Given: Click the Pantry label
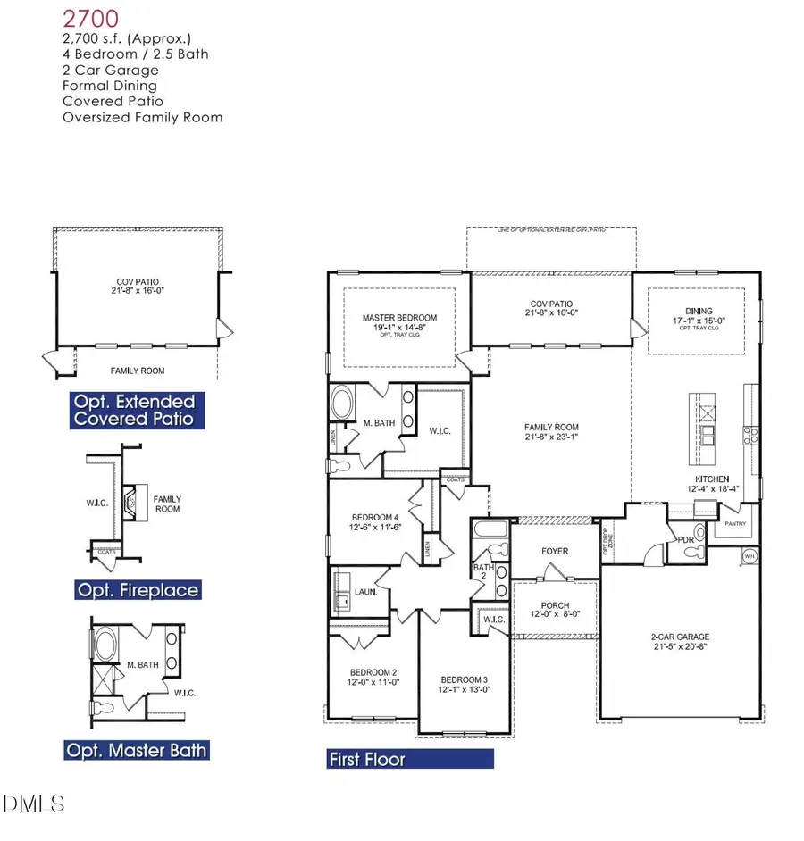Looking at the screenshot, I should (734, 524).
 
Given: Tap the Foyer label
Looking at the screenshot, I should (555, 551).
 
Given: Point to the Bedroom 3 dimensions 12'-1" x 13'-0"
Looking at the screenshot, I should (463, 690).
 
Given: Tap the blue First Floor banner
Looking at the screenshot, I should (410, 760).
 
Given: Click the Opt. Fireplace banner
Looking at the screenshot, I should (137, 589).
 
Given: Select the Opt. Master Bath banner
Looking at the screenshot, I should (137, 749).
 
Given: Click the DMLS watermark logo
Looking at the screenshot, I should (34, 804).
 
